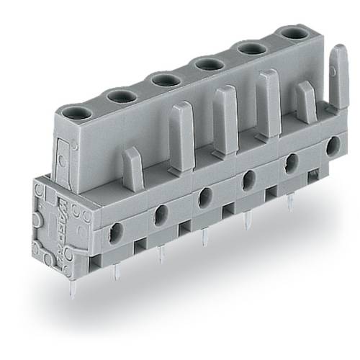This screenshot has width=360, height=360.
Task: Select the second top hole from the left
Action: click(117, 96)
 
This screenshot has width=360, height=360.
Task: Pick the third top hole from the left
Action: click(160, 78)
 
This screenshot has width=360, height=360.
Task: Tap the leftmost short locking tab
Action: click(132, 165)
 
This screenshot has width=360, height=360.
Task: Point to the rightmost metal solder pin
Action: click(290, 204)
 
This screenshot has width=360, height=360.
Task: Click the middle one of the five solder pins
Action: click(204, 238)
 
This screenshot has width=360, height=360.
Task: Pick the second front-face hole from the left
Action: click(160, 212)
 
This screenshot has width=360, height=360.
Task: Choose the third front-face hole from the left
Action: click(204, 194)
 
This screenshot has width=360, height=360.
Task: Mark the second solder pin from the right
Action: click(248, 220)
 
